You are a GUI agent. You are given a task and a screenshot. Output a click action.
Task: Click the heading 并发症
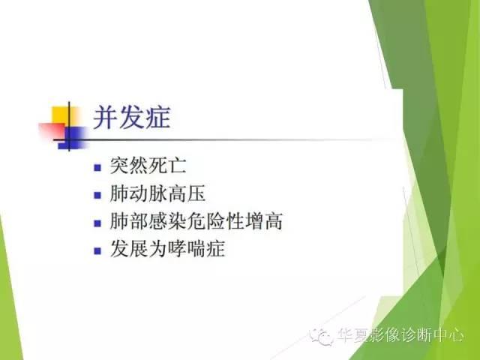click(131, 118)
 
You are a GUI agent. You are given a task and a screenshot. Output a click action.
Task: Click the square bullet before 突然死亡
click(97, 167)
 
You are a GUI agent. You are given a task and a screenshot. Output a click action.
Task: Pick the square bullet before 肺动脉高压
click(97, 195)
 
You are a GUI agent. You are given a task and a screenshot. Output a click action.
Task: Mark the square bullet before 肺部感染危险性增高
click(97, 223)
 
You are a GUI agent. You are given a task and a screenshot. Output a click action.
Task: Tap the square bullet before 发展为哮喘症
click(97, 250)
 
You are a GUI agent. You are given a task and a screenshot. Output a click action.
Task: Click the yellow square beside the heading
click(61, 117)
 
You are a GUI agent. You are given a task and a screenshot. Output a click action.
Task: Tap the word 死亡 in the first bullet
click(175, 166)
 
